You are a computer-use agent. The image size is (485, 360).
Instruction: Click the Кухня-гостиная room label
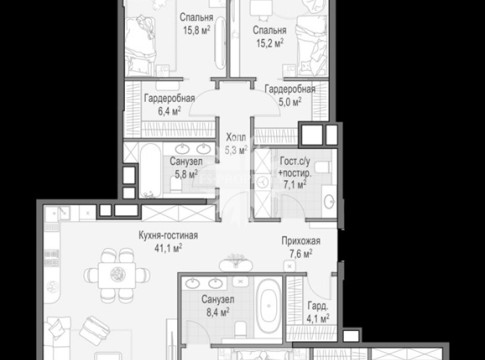168,235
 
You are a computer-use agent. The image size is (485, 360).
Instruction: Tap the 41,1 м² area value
168,248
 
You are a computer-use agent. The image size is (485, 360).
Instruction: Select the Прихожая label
301,241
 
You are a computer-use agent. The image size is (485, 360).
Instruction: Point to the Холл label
236,137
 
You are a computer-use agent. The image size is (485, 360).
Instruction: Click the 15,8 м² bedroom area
196,30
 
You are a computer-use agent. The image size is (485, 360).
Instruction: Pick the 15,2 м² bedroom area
270,43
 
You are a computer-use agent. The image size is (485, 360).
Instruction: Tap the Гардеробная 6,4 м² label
169,105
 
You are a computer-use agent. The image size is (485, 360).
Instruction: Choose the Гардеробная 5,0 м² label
290,95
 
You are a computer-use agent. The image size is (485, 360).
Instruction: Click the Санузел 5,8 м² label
186,168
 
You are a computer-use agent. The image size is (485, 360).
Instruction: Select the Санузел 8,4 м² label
218,306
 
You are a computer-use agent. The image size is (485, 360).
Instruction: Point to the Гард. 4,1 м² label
318,312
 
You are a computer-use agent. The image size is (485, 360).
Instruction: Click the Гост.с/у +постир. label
295,167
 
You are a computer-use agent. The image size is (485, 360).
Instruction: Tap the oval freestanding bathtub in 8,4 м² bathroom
269,307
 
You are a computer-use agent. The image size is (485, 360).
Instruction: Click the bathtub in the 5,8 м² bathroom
150,171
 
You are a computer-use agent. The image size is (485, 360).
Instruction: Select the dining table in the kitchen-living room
117,275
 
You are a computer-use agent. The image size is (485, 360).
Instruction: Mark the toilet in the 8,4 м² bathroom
240,328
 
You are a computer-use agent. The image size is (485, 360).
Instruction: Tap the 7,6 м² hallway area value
301,254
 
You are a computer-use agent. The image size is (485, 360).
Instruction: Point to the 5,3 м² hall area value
236,150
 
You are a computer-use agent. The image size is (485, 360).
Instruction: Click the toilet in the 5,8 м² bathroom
175,184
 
